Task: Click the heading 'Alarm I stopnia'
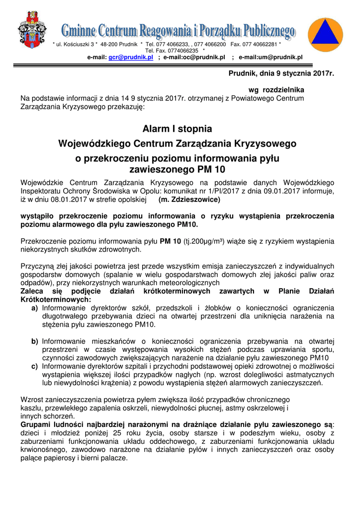coord(177,129)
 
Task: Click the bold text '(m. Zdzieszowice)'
coord(189,200)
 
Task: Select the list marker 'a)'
coord(35,308)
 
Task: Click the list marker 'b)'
coord(35,341)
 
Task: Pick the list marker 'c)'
coord(35,367)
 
